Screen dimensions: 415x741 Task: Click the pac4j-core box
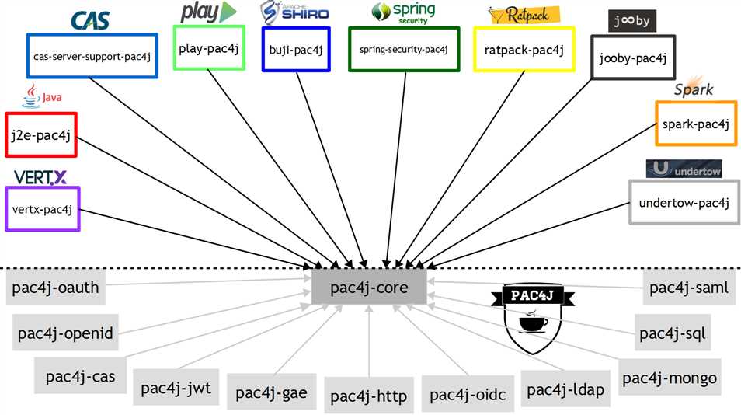tap(369, 288)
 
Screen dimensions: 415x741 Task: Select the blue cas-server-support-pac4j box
tap(92, 56)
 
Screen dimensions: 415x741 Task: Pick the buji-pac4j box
tap(296, 50)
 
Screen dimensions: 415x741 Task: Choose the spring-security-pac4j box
tap(404, 50)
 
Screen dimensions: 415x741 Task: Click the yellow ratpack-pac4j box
tap(524, 51)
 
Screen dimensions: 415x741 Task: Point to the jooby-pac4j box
tap(627, 58)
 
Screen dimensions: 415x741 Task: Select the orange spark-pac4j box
tap(695, 124)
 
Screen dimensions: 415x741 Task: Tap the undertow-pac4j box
tap(684, 203)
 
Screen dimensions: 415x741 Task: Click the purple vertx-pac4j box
tap(42, 209)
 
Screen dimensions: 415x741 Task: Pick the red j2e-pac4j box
tap(40, 136)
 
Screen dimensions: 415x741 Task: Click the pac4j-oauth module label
tap(56, 288)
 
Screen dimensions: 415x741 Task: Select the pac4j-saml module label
tap(689, 288)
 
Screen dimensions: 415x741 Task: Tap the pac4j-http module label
tap(368, 396)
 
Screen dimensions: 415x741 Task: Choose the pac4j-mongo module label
tap(670, 378)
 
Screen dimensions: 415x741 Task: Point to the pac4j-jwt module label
tap(176, 386)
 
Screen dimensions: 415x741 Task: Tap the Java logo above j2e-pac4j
tap(40, 96)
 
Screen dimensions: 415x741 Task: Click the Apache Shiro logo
tap(294, 13)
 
